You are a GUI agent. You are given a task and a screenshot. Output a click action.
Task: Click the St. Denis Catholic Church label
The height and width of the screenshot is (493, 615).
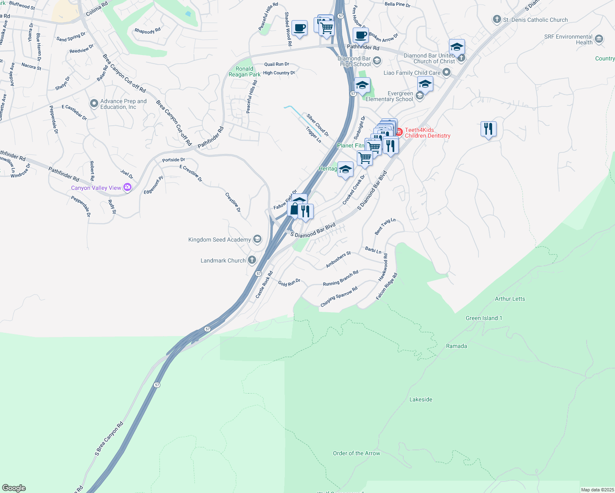point(535,20)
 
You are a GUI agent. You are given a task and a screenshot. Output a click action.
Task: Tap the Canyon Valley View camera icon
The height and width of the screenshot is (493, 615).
point(127,187)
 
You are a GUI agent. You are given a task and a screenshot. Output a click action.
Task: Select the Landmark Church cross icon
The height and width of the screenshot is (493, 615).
point(252,260)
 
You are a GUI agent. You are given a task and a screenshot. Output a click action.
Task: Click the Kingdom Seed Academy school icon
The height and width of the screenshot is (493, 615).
point(257,239)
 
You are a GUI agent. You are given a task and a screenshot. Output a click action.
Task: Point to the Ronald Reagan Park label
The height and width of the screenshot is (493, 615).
point(244,71)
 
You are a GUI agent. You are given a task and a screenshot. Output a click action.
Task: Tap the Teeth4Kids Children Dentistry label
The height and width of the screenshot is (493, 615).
point(428,133)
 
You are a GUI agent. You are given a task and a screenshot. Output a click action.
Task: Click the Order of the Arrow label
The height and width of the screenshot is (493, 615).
point(356,453)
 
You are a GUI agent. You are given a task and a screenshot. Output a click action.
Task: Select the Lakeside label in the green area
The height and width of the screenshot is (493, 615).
point(421,399)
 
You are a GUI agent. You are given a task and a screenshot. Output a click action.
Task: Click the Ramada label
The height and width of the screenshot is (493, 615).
point(456,346)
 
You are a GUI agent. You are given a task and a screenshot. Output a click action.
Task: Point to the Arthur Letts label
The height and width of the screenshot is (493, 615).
point(510,299)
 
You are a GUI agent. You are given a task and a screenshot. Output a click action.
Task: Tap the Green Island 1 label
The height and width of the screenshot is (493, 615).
point(483,318)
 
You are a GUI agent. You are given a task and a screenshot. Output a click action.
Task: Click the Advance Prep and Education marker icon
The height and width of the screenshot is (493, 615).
point(94,103)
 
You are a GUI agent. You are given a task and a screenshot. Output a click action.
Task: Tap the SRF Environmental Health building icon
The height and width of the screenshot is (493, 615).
point(599,39)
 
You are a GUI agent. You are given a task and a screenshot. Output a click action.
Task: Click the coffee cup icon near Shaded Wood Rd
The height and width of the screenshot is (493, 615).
point(300,28)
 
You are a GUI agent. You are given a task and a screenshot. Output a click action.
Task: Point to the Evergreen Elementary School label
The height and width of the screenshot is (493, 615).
point(389,96)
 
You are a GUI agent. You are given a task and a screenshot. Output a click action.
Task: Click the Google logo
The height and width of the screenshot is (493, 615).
point(14,488)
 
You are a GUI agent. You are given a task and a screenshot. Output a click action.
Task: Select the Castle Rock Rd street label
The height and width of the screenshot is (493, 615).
point(264,285)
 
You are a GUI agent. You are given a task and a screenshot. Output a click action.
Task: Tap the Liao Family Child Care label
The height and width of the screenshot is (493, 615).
point(412,73)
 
